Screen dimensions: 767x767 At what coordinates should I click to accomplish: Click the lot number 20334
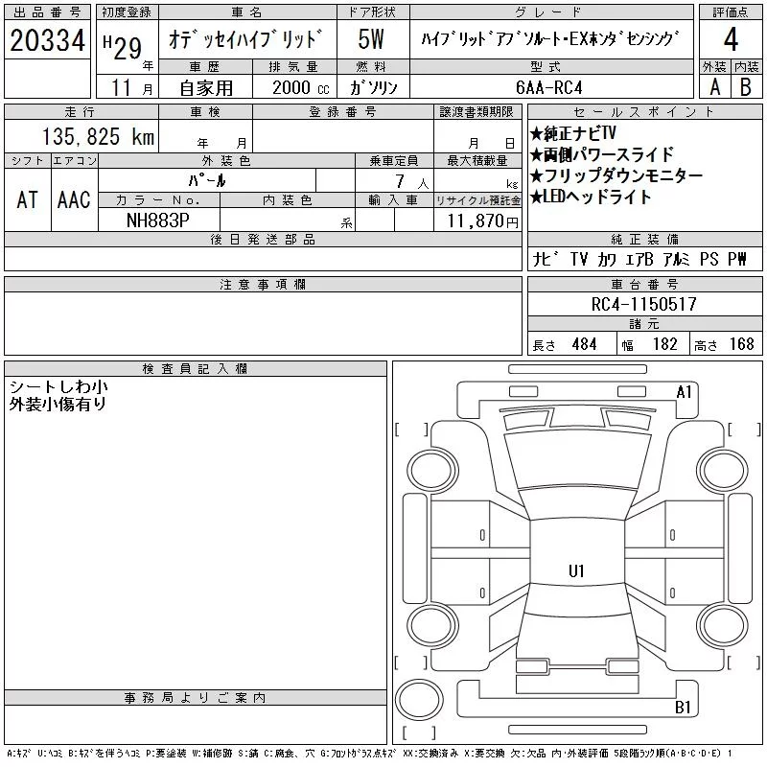47,40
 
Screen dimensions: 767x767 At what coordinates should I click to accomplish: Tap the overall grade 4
731,39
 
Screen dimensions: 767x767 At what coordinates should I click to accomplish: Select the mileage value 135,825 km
99,136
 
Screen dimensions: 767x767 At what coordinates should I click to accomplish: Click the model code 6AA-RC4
549,87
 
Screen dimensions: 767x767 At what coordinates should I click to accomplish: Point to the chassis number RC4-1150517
643,304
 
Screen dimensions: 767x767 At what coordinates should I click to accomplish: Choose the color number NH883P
158,221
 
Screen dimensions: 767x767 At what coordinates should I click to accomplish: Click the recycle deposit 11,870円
483,221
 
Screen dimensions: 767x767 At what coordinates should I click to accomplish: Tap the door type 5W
371,39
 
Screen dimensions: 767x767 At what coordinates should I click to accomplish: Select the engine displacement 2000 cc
301,87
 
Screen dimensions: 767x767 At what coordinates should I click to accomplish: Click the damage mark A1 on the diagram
684,392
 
